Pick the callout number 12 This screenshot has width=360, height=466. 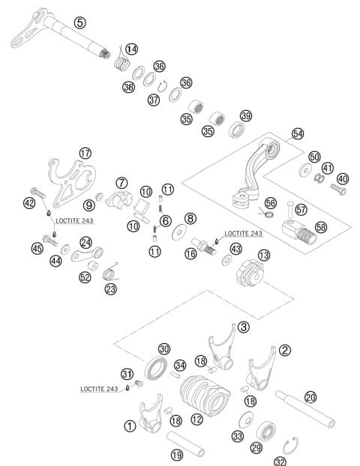click(x=196, y=420)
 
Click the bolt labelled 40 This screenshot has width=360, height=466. click(x=336, y=187)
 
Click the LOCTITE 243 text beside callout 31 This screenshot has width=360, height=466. click(x=102, y=390)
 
